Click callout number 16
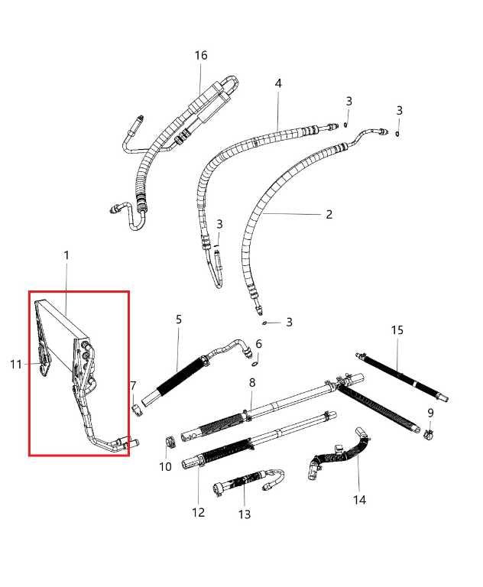pos(201,56)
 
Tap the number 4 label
pos(278,83)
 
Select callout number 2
pos(329,214)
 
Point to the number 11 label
pos(16,365)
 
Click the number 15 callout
pos(397,330)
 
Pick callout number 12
pos(199,512)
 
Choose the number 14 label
pos(359,500)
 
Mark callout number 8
pos(252,382)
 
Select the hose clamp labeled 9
pos(430,435)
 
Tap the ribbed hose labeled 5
pos(180,375)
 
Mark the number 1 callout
pos(66,255)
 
